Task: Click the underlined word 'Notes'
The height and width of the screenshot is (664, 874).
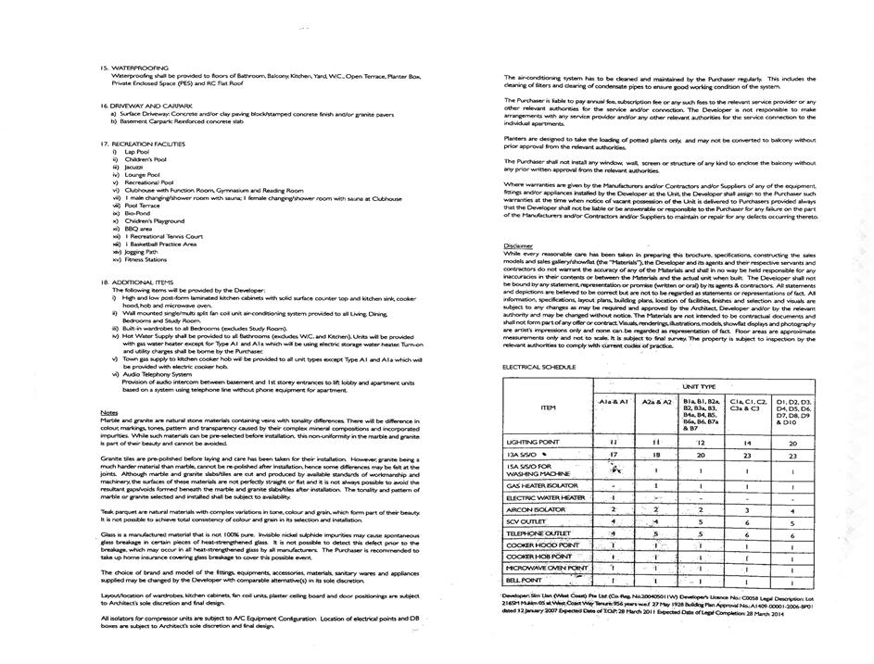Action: [108, 412]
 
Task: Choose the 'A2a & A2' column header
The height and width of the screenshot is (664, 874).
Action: [655, 402]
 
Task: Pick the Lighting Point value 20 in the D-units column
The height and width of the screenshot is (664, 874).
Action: [792, 444]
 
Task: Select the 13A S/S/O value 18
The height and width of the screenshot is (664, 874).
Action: [655, 456]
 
